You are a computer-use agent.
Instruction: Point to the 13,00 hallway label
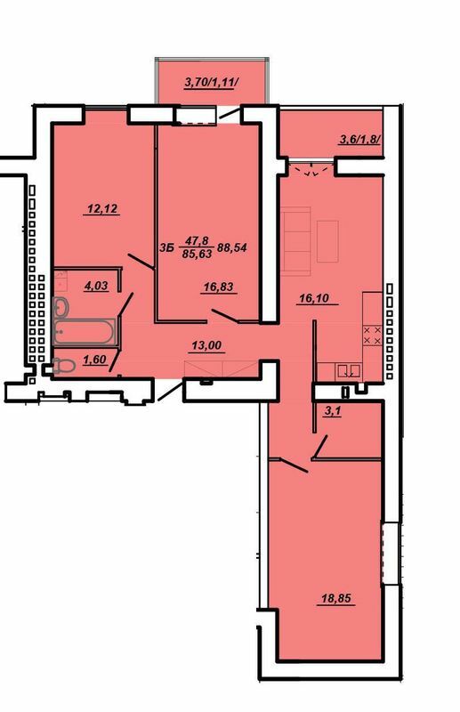coord(208,347)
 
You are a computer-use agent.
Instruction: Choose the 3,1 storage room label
coord(332,410)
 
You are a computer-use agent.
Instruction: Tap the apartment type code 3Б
coord(165,247)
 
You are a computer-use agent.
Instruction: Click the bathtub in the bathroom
coord(84,333)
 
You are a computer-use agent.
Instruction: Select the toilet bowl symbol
coord(63,364)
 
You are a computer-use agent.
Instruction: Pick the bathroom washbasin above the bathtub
coord(61,307)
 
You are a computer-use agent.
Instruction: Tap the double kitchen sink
coord(348,370)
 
